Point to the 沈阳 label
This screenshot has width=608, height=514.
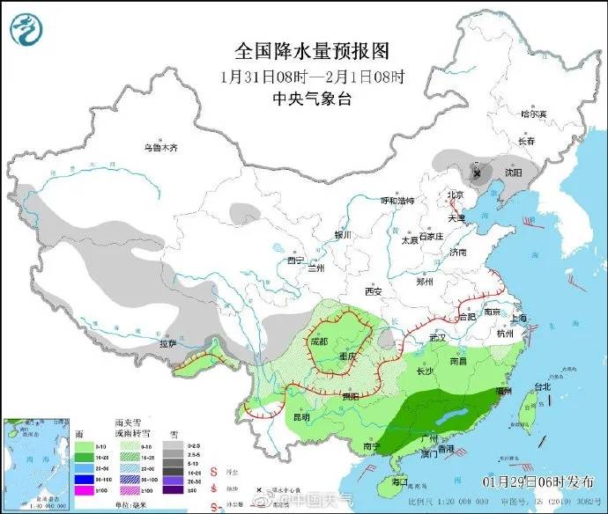[512, 172]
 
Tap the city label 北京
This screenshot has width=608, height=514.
[455, 195]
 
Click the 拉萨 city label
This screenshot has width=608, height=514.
[168, 343]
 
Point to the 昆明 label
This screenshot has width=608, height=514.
[301, 416]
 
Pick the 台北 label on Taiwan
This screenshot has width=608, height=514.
[541, 386]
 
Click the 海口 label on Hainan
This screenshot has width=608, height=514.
[399, 481]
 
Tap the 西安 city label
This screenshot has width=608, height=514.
[373, 291]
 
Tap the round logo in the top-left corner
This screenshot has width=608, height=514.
[26, 28]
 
